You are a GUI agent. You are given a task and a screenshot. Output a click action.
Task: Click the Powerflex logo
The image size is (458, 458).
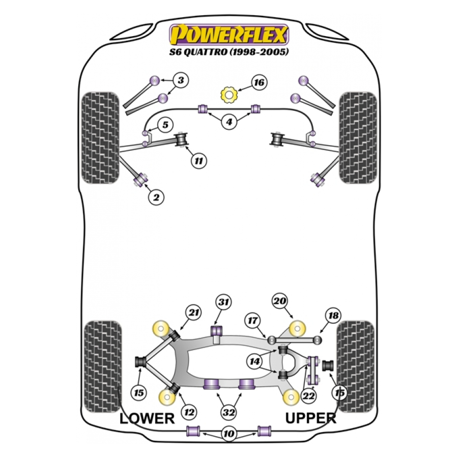coord(229,35)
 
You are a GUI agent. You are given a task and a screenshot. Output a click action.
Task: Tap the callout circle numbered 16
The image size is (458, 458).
coord(259,82)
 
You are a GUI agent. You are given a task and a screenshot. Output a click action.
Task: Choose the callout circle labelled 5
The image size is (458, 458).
coord(165,125)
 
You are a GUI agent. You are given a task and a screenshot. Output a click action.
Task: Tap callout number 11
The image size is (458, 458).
coord(198,161)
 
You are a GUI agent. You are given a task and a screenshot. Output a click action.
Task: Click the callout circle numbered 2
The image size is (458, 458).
coord(156,197)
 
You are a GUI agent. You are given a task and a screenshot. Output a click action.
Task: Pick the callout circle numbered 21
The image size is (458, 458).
coord(193,312)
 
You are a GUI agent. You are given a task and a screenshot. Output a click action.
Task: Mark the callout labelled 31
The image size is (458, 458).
coord(223,302)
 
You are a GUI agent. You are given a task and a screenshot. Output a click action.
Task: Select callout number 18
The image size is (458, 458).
coord(332,316)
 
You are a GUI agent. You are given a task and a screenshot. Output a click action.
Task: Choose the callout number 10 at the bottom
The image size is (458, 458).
coord(228,434)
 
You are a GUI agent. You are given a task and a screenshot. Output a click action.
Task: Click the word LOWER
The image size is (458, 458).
coord(147,418)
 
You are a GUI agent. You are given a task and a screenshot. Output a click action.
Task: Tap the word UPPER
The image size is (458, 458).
coord(310,418)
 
